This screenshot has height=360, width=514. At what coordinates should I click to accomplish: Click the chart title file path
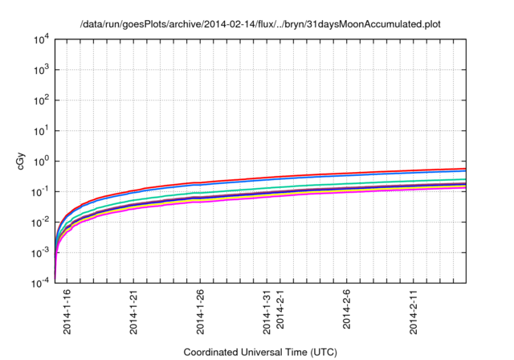(260, 23)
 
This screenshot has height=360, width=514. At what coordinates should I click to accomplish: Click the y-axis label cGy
(22, 161)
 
